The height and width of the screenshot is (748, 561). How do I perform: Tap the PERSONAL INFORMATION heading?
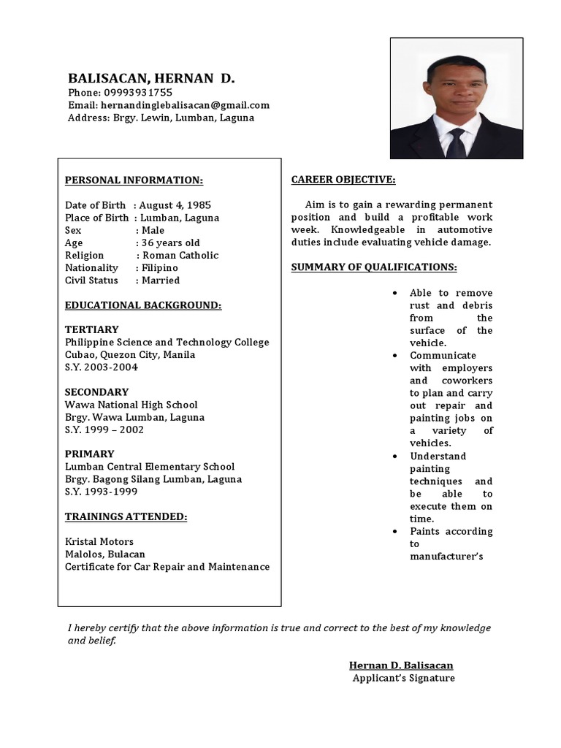tap(134, 180)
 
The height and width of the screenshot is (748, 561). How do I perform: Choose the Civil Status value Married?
tap(161, 280)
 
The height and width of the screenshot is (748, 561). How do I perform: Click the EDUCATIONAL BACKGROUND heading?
tap(143, 305)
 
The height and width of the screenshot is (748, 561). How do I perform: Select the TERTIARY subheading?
tap(91, 329)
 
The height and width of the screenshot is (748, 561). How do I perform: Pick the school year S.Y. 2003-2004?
tap(101, 367)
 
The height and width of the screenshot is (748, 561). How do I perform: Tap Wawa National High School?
tap(131, 404)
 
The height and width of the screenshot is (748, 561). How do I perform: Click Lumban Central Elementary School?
tap(150, 466)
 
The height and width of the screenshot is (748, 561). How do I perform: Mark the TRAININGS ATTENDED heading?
tap(126, 516)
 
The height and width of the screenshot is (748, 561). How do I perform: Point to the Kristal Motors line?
tap(99, 541)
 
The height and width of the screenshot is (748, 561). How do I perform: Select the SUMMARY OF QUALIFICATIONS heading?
tap(374, 267)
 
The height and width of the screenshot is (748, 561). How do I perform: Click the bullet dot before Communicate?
tap(394, 356)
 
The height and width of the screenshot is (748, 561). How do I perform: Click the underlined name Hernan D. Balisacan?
tap(401, 665)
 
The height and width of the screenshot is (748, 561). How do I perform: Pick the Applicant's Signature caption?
tap(403, 678)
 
